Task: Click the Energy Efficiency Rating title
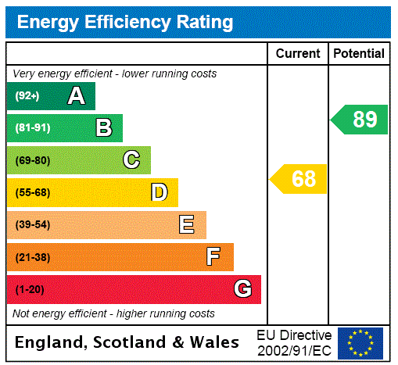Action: (x=125, y=22)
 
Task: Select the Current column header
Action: (x=298, y=54)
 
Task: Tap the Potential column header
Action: (x=359, y=54)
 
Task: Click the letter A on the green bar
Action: (x=76, y=96)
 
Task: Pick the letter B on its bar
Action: (x=103, y=128)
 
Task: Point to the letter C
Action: (x=131, y=160)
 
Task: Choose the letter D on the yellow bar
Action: (x=159, y=192)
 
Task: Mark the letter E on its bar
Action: (x=187, y=225)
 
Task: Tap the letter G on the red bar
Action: (x=242, y=289)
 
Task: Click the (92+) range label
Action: (x=27, y=96)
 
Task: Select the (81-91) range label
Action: (x=32, y=128)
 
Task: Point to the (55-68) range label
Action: (x=32, y=192)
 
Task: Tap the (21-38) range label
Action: (x=32, y=257)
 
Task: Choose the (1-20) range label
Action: (x=30, y=290)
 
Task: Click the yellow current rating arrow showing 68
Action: (x=299, y=179)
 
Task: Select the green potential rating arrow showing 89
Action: (x=360, y=120)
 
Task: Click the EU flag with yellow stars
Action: (x=360, y=342)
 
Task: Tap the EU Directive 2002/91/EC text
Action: (x=294, y=342)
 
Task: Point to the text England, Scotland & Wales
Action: (x=127, y=342)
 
